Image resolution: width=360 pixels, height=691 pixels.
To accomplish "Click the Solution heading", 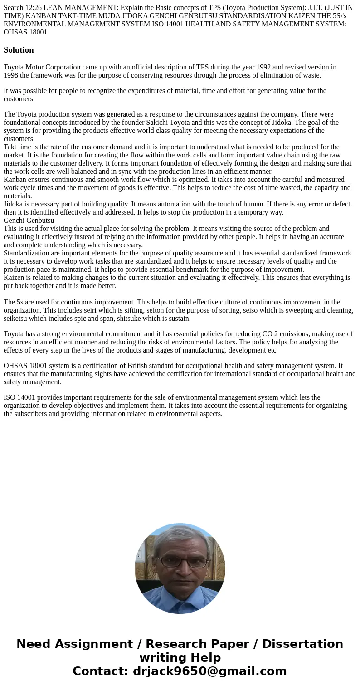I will pos(19,50).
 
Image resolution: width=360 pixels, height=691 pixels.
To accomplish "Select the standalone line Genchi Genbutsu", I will pos(29,221).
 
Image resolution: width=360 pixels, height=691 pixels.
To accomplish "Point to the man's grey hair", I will pos(180,537).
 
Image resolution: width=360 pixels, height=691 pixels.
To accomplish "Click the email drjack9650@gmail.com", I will pos(210,671).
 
